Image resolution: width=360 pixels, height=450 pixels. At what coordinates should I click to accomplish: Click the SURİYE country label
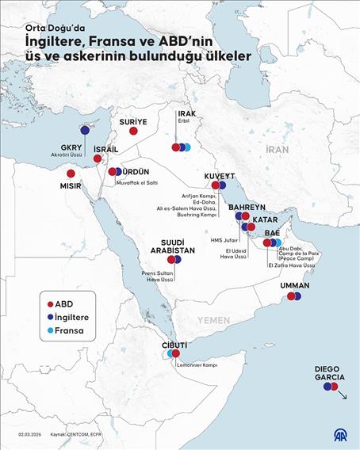click(x=133, y=121)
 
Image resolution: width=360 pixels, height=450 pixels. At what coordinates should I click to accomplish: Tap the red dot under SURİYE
click(x=133, y=132)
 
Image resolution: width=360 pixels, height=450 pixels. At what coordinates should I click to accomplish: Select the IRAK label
click(x=186, y=114)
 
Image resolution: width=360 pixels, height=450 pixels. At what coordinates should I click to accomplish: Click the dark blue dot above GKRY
click(x=84, y=131)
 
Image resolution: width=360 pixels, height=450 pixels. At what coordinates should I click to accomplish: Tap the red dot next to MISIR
click(x=71, y=174)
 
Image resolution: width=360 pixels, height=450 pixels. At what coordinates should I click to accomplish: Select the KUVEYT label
click(x=218, y=175)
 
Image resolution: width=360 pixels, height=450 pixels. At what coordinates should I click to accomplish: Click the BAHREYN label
click(x=247, y=207)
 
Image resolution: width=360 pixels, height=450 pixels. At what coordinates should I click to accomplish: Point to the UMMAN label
click(x=294, y=285)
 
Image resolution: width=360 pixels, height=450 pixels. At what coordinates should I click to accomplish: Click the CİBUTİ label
click(x=174, y=345)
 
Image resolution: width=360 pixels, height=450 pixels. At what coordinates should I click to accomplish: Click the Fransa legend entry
click(x=67, y=329)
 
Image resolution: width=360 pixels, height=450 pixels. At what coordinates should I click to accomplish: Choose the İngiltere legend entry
click(x=70, y=316)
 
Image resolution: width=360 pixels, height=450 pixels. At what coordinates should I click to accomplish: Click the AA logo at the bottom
click(x=339, y=436)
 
